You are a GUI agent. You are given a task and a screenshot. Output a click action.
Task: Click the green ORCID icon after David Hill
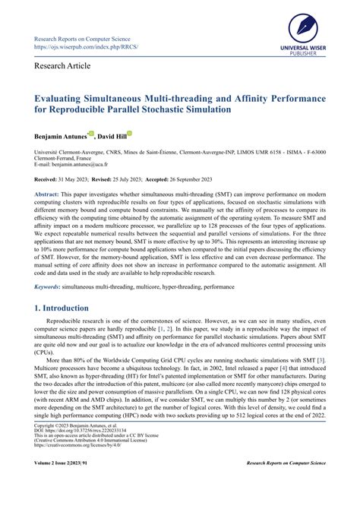tap(129, 133)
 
